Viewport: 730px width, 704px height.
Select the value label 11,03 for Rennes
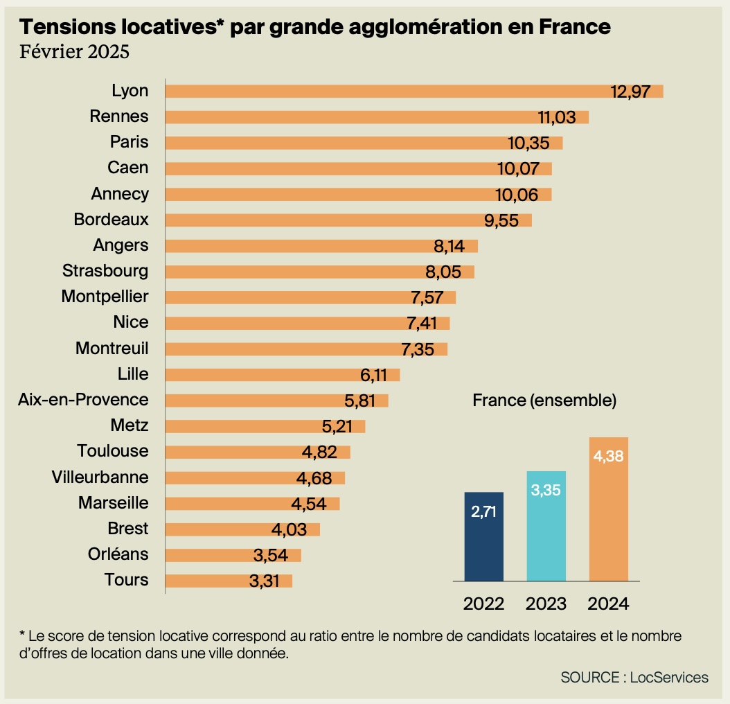(557, 117)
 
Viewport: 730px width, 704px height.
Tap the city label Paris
(129, 142)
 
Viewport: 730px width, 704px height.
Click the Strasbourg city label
(105, 271)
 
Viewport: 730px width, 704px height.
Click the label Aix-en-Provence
(83, 400)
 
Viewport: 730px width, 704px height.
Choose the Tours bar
(229, 581)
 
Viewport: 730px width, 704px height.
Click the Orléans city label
(118, 555)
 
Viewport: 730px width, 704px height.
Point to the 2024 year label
(608, 604)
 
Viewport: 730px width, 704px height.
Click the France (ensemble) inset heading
(544, 400)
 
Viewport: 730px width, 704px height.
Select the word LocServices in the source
(669, 677)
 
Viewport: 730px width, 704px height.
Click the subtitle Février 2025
(74, 52)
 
